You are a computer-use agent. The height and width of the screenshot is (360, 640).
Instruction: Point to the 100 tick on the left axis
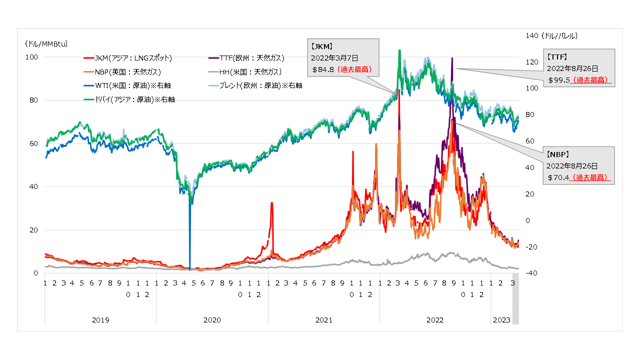click(32, 57)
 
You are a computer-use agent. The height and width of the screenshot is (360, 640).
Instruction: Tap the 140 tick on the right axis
click(531, 35)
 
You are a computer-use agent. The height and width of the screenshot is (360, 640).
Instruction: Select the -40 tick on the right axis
click(531, 273)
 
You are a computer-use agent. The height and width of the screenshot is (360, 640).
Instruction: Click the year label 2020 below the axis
click(212, 320)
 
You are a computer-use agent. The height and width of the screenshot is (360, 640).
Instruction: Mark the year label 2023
click(501, 320)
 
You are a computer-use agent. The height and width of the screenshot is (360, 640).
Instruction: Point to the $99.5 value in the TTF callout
click(559, 79)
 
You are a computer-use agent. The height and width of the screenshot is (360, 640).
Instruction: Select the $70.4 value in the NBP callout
click(559, 177)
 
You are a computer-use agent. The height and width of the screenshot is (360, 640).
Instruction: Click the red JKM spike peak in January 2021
click(271, 203)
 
